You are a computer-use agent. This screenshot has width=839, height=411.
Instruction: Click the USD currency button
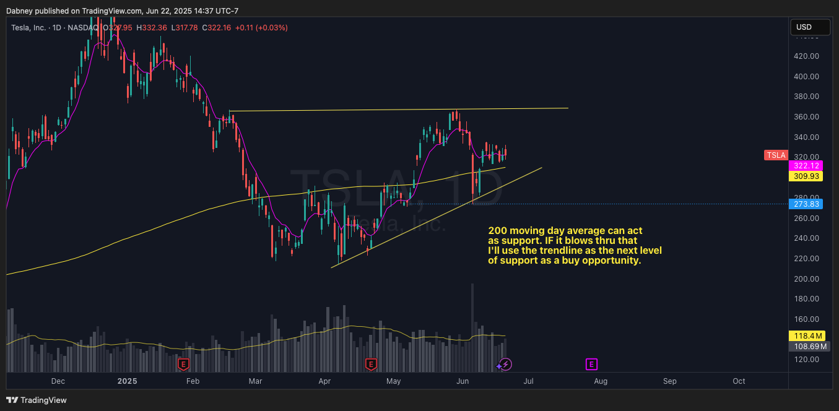click(x=810, y=27)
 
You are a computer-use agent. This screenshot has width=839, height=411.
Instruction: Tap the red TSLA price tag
click(x=775, y=155)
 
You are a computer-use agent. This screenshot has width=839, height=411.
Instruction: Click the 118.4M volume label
click(x=808, y=335)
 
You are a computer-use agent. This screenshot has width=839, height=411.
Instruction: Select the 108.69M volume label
click(x=808, y=347)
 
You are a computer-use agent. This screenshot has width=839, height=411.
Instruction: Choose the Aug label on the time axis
click(x=600, y=381)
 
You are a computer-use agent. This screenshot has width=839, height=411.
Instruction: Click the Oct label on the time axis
click(x=739, y=381)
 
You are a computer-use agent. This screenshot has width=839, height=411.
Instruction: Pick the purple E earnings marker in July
click(x=591, y=364)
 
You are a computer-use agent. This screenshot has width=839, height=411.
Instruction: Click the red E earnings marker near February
click(x=183, y=364)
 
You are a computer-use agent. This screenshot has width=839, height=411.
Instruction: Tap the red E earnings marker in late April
click(x=371, y=364)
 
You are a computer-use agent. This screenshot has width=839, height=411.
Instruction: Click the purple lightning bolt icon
click(x=505, y=364)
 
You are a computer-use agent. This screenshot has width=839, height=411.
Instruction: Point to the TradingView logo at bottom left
click(x=37, y=400)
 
